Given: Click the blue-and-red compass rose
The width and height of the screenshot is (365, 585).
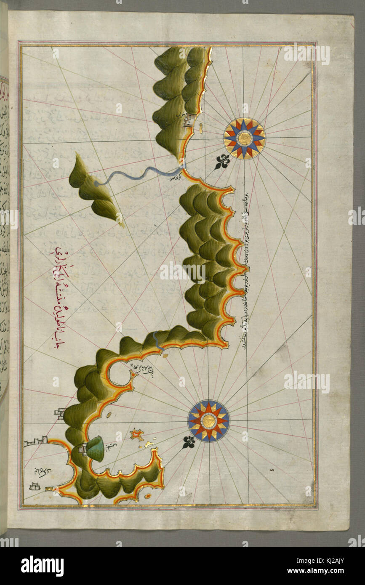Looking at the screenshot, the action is pyautogui.click(x=244, y=138).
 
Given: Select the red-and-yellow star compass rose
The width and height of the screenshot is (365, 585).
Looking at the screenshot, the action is pyautogui.click(x=208, y=420).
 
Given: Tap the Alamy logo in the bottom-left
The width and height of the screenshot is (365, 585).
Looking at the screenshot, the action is pyautogui.click(x=42, y=566).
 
